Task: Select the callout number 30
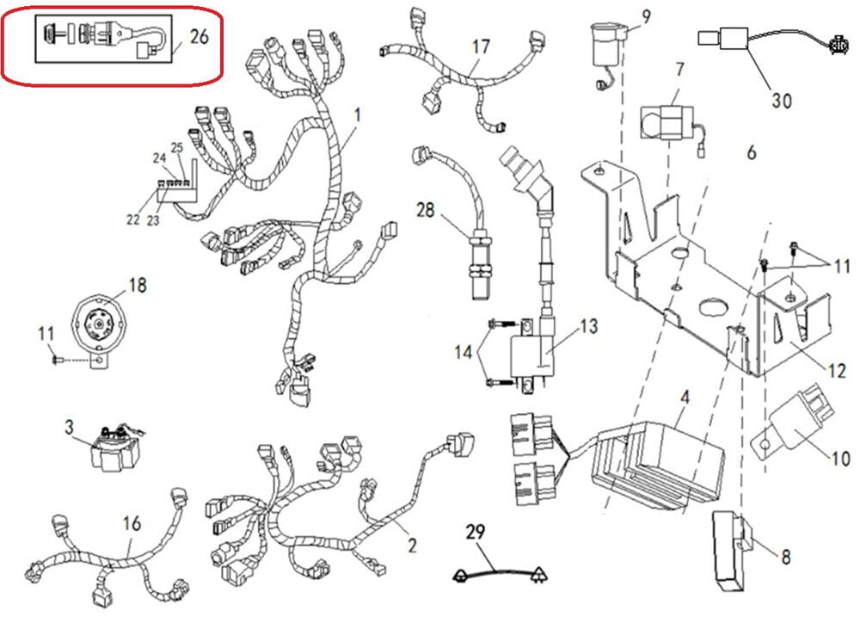pyautogui.click(x=780, y=101)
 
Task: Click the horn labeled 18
pyautogui.click(x=98, y=323)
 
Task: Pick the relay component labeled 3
pyautogui.click(x=114, y=448)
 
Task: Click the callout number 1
pyautogui.click(x=357, y=114)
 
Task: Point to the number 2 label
pyautogui.click(x=412, y=545)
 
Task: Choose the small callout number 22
pyautogui.click(x=132, y=219)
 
